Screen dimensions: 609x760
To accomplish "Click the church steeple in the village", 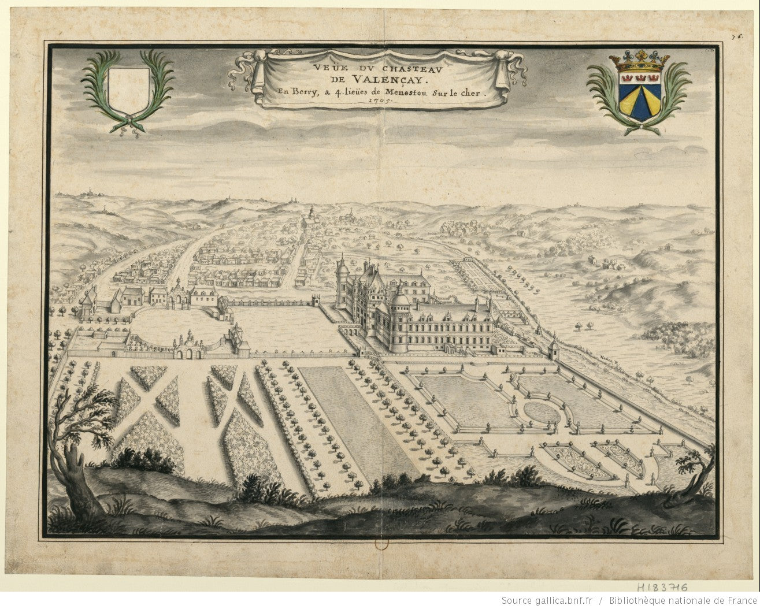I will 311,215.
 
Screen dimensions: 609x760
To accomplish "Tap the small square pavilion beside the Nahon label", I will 553,350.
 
